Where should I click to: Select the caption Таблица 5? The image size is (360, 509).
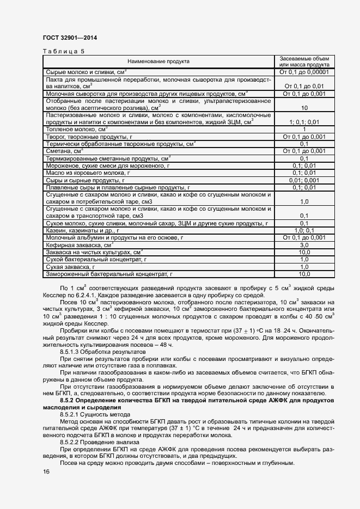pyautogui.click(x=63, y=52)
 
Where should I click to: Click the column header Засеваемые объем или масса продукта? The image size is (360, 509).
pyautogui.click(x=304, y=62)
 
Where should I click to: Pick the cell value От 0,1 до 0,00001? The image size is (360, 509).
pyautogui.click(x=304, y=72)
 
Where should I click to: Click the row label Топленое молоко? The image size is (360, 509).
pyautogui.click(x=77, y=130)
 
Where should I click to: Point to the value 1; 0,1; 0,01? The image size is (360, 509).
pyautogui.click(x=304, y=122)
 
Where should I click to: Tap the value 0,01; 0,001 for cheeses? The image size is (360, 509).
pyautogui.click(x=304, y=180)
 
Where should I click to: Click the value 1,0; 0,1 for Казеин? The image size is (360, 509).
pyautogui.click(x=304, y=230)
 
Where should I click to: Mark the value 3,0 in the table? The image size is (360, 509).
pyautogui.click(x=304, y=246)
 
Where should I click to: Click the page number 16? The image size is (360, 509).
pyautogui.click(x=46, y=471)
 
